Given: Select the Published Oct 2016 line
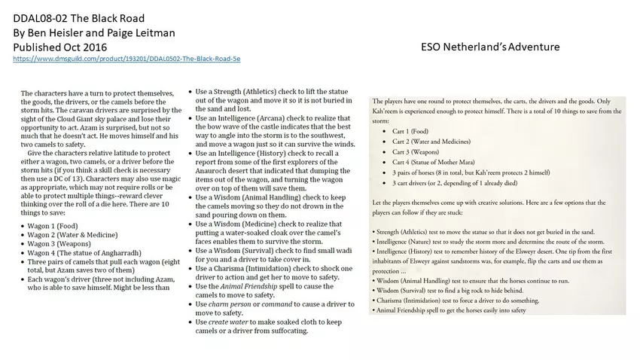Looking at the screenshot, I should pyautogui.click(x=62, y=47).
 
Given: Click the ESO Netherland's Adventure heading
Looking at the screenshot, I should pyautogui.click(x=490, y=47).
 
